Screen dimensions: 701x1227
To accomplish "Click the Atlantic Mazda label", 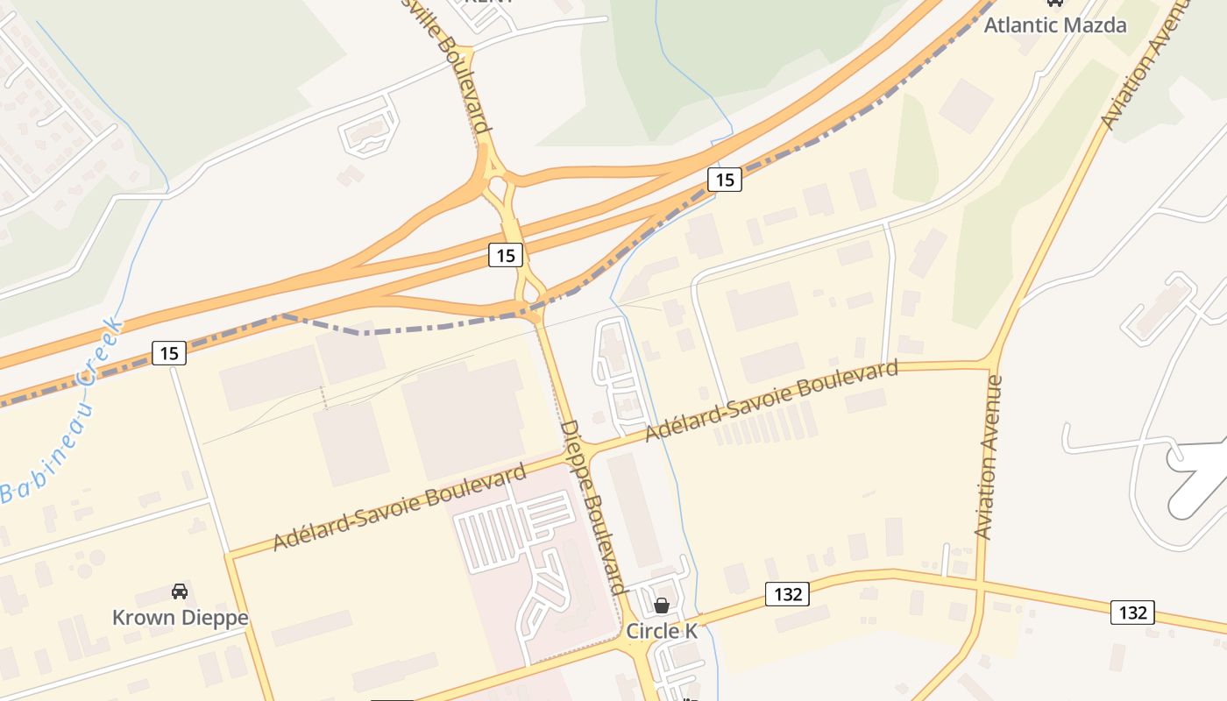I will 1054,25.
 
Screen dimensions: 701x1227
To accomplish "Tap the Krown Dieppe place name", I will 180,618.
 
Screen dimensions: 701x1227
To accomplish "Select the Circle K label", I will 662,631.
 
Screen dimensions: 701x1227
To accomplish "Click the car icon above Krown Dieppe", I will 180,591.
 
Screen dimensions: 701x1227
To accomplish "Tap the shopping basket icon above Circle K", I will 662,605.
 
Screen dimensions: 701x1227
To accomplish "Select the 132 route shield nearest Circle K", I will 787,594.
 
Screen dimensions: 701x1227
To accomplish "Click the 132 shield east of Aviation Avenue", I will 1132,612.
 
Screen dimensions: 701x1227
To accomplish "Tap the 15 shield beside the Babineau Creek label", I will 169,353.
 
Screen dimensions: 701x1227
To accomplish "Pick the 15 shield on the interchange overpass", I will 505,255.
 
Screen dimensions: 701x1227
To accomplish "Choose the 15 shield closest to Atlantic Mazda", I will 724,180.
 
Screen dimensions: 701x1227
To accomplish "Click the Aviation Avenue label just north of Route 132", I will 988,457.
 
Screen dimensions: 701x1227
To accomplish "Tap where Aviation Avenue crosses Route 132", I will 979,583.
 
